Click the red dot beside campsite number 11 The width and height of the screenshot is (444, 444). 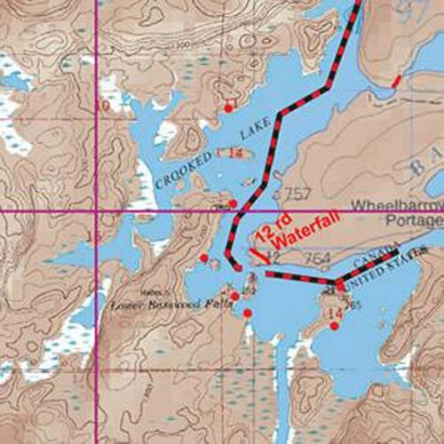(228, 108)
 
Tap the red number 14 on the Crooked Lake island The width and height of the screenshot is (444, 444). (235, 154)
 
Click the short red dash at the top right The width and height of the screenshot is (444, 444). (396, 82)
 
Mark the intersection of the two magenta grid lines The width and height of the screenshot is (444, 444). (96, 212)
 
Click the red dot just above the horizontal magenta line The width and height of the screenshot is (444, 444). (233, 204)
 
